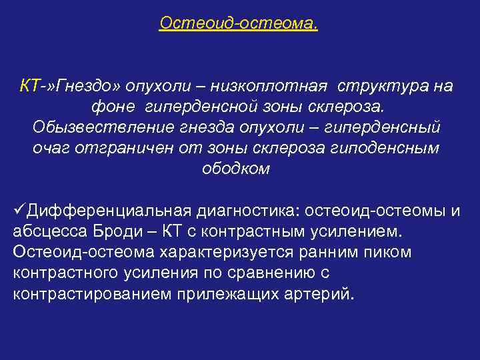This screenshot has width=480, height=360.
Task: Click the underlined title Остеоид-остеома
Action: point(239,23)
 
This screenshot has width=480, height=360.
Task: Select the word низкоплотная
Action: point(275,86)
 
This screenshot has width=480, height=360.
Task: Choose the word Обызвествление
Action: point(95,127)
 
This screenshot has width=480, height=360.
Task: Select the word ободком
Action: point(236,169)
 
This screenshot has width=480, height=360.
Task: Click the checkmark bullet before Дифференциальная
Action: point(19,211)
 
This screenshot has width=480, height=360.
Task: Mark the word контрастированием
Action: point(85,294)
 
